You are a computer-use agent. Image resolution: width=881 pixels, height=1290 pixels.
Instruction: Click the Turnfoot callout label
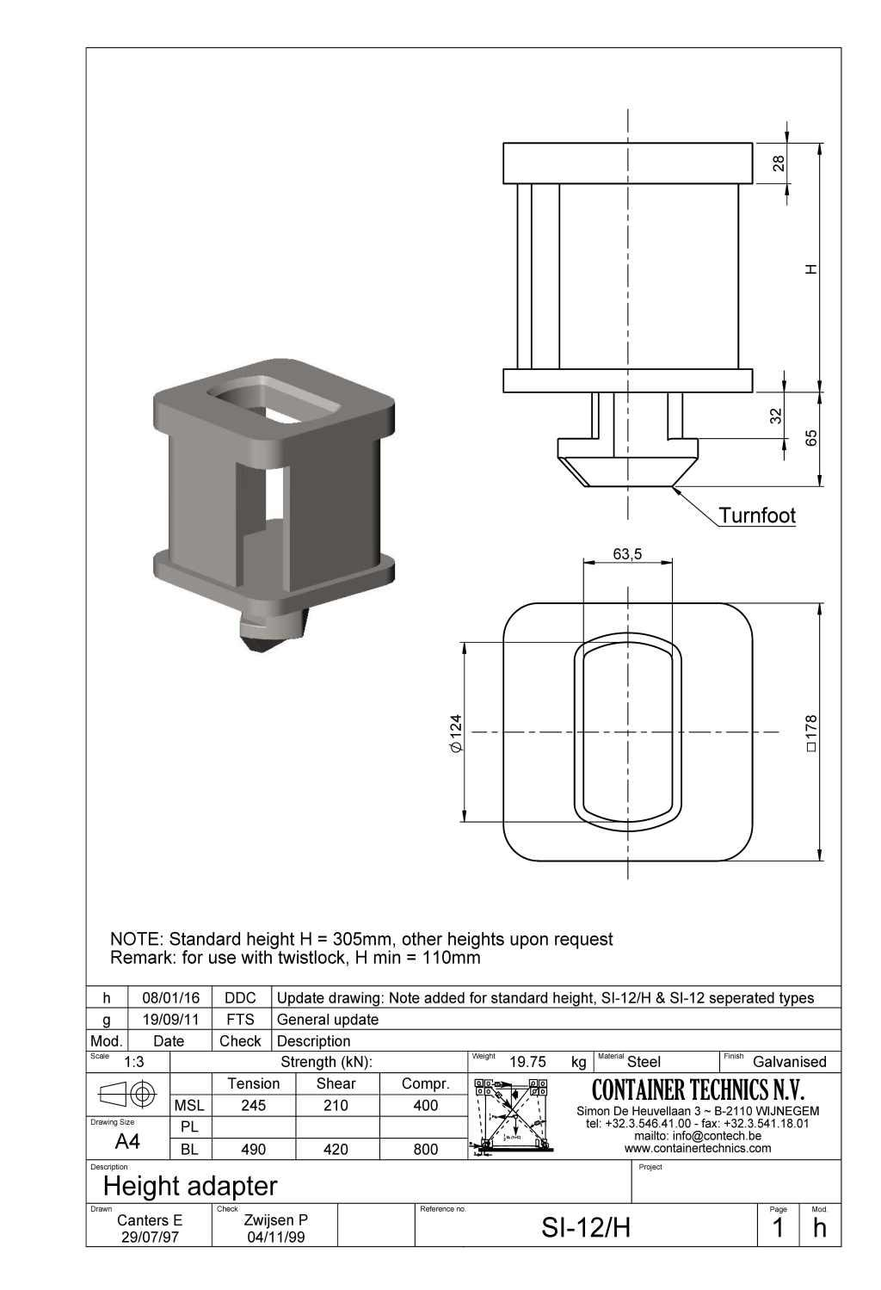(x=756, y=515)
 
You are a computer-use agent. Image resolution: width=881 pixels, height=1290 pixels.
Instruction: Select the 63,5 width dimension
(x=627, y=554)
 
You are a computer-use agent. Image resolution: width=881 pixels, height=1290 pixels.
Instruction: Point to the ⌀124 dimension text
(x=456, y=733)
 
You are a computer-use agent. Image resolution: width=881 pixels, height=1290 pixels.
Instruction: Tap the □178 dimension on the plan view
(x=810, y=733)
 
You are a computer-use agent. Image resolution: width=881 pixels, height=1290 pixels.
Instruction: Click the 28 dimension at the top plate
(x=779, y=164)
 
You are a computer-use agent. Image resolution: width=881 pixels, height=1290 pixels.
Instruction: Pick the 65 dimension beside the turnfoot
(x=810, y=437)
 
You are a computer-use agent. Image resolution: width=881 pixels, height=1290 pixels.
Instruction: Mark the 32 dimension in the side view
(x=776, y=416)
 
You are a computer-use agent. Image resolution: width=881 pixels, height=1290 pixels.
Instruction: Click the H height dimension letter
(x=810, y=269)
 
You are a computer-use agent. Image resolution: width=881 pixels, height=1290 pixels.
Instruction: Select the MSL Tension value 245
(x=253, y=1105)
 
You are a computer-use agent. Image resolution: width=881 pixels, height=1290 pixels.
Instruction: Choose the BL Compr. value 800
(x=426, y=1149)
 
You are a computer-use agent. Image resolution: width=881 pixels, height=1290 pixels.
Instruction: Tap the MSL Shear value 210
(x=336, y=1105)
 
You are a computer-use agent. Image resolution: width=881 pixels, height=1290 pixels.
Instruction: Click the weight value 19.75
(x=527, y=1062)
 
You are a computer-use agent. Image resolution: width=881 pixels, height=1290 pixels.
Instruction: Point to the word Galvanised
(x=789, y=1062)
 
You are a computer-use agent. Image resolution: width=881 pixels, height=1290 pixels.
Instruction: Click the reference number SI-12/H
(x=586, y=1228)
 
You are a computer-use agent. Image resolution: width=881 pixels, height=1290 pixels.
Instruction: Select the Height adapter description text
(x=190, y=1186)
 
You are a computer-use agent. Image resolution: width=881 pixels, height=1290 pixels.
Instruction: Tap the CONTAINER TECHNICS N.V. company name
(x=698, y=1090)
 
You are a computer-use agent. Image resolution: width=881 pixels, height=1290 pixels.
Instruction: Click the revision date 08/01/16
(x=170, y=998)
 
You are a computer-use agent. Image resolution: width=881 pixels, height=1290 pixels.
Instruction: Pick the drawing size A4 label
(x=127, y=1142)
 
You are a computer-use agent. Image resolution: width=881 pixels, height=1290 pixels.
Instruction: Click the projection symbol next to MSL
(x=127, y=1094)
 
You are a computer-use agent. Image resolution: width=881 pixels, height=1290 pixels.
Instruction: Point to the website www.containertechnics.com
(x=698, y=1148)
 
